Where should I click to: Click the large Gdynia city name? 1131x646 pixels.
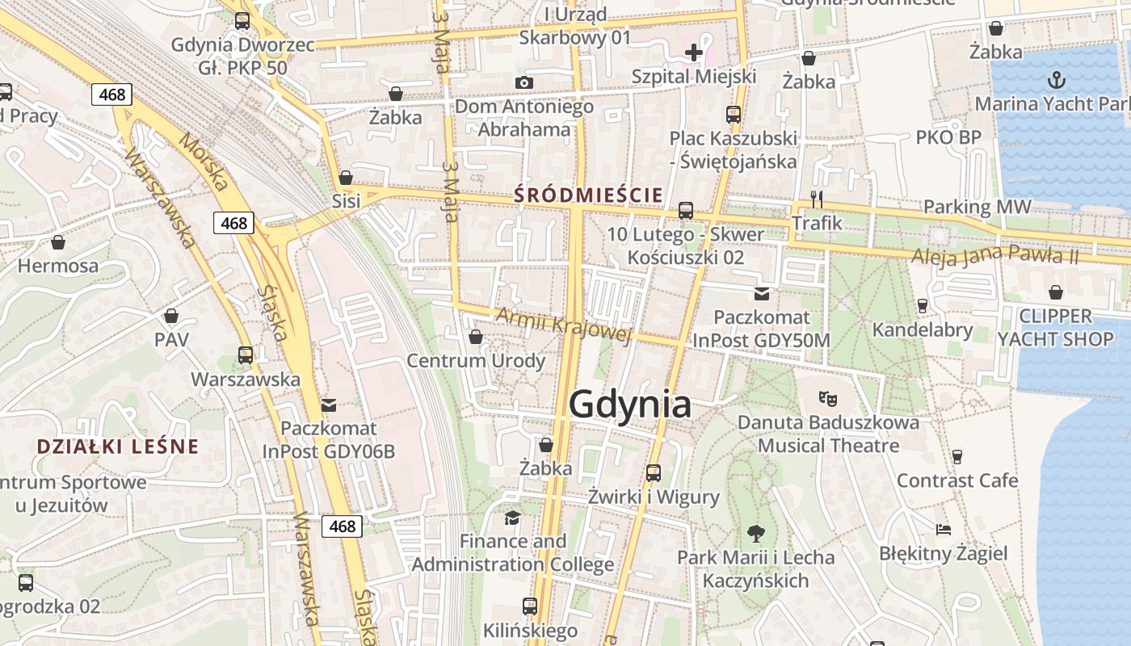(x=630, y=405)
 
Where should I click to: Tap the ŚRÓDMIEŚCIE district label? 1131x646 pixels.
(x=589, y=195)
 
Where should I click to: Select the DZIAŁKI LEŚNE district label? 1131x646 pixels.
(x=118, y=447)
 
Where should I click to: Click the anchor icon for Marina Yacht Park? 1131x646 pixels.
(x=1056, y=80)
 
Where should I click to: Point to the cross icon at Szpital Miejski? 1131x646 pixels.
(x=693, y=53)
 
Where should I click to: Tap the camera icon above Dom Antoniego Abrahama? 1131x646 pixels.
(x=524, y=82)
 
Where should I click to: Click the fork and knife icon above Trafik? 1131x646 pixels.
(x=816, y=199)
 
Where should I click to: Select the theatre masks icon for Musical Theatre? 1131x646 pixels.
(x=828, y=398)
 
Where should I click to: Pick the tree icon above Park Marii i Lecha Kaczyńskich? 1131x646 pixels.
(x=755, y=533)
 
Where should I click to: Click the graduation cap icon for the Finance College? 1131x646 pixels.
(x=512, y=517)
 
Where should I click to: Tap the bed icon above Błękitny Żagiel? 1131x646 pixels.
(x=943, y=530)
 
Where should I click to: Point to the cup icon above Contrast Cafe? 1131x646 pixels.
(x=957, y=457)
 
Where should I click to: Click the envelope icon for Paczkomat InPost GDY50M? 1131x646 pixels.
(x=761, y=293)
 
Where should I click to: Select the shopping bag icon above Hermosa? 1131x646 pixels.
(x=58, y=242)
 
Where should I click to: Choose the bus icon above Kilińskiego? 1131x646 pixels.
(x=530, y=606)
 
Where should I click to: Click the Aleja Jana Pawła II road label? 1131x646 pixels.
(x=994, y=256)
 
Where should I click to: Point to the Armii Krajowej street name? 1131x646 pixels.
(x=563, y=325)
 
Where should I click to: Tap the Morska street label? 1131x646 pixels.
(x=204, y=161)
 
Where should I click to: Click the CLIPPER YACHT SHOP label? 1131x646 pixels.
(x=1055, y=327)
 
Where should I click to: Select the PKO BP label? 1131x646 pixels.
(x=948, y=137)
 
